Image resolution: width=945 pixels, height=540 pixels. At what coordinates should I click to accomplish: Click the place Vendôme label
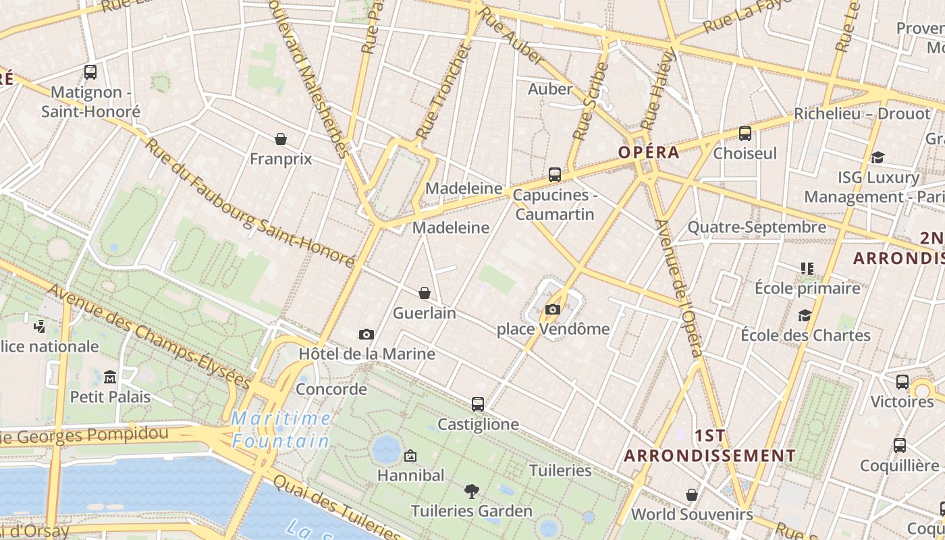(x=553, y=329)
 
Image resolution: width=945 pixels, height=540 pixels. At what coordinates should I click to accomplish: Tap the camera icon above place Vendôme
(x=553, y=310)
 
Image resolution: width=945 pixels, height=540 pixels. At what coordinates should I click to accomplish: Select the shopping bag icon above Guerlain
(x=425, y=293)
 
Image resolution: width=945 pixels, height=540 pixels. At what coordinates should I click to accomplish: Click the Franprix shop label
(x=281, y=159)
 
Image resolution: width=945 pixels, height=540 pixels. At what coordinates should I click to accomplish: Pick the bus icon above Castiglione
(x=478, y=404)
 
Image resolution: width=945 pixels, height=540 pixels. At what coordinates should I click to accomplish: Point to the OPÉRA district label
(x=649, y=153)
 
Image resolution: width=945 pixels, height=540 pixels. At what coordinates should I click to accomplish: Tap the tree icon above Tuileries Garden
(x=472, y=491)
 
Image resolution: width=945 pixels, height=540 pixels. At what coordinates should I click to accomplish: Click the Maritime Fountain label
(x=281, y=430)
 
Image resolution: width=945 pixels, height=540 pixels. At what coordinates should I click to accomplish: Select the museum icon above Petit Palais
(x=110, y=377)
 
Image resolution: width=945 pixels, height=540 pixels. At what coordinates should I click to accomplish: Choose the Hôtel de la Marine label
(x=367, y=354)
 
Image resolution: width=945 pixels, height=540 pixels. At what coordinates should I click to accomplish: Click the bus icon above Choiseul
(x=745, y=134)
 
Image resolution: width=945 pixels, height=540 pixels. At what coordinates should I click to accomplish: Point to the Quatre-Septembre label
(x=757, y=227)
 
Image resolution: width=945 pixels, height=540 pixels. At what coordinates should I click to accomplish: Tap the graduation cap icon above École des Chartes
(x=805, y=315)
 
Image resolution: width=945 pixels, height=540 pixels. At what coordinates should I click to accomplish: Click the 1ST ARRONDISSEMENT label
(x=710, y=446)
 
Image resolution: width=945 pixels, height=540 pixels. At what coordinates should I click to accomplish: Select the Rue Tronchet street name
(x=442, y=92)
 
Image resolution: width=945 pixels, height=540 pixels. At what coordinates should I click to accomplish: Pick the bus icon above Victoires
(x=902, y=382)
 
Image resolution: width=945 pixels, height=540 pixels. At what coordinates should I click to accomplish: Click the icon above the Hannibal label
(x=410, y=456)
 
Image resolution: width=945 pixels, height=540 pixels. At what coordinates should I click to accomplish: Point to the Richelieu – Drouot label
(x=862, y=113)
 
